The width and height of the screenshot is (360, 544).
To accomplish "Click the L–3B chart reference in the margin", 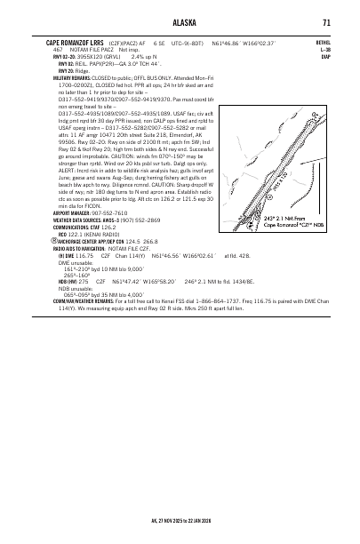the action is tap(324, 48).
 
